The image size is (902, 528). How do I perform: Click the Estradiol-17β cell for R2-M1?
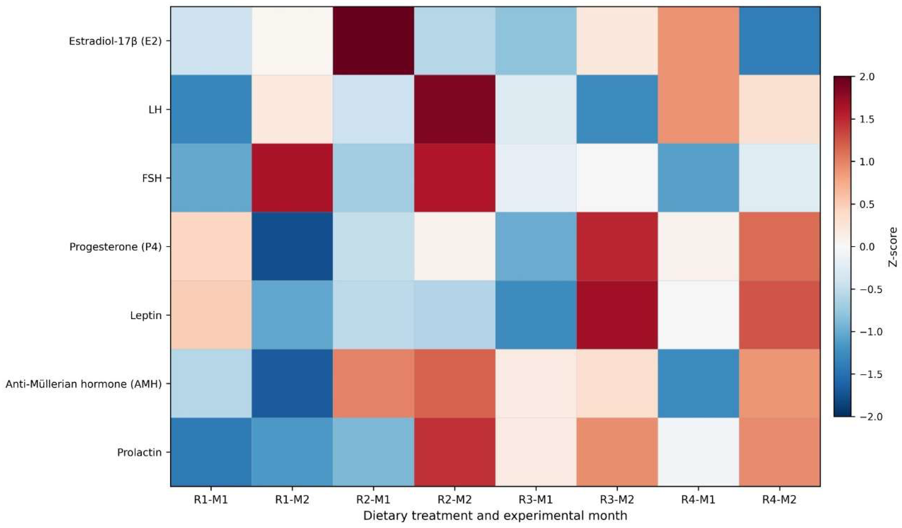(x=373, y=41)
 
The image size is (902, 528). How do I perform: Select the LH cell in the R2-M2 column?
(x=455, y=109)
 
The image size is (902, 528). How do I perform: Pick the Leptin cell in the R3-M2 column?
(x=617, y=315)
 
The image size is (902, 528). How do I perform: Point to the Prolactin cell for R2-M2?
(x=455, y=452)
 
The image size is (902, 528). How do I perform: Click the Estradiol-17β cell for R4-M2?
(x=780, y=41)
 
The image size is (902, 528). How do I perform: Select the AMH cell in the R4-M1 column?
(x=698, y=383)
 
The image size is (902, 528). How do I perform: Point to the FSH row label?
(x=152, y=178)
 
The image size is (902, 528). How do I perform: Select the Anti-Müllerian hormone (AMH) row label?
(x=84, y=384)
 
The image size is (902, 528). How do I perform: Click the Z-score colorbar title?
(x=893, y=247)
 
